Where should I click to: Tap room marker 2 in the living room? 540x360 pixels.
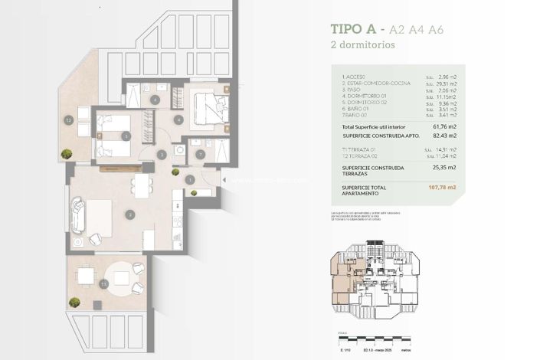131,214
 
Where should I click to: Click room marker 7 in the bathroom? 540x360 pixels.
200,155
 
